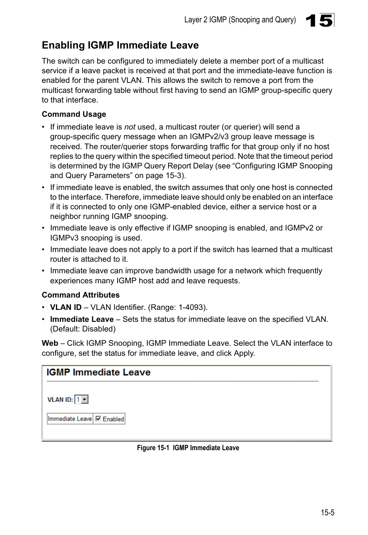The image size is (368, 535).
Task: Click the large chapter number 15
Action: tap(319, 20)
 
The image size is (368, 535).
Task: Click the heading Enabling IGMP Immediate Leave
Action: tap(120, 45)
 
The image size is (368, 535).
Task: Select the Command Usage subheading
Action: tap(74, 114)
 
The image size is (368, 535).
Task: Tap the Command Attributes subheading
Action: tap(80, 295)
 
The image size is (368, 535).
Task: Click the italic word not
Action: tap(130, 127)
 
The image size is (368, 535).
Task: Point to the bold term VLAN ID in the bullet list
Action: tap(66, 308)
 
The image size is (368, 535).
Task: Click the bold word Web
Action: tap(50, 343)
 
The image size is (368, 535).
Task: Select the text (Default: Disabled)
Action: tap(83, 329)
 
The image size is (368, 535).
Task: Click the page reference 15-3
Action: tap(173, 176)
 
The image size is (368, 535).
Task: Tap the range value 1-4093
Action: tap(191, 308)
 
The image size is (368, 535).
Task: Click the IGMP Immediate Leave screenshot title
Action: tap(98, 373)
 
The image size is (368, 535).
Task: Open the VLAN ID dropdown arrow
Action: tap(85, 400)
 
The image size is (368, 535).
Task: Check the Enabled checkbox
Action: tap(98, 419)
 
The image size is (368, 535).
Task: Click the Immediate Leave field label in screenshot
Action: tap(70, 419)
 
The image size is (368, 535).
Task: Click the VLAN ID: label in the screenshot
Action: tap(60, 400)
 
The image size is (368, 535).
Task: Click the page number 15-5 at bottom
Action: tap(327, 513)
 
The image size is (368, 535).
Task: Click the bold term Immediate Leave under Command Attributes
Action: tap(82, 320)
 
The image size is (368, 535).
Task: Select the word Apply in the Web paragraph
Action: tap(243, 353)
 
